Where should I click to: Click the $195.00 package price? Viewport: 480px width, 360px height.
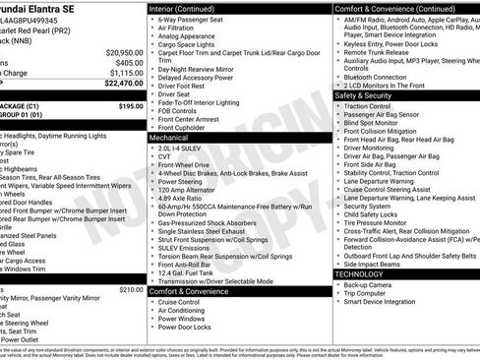(x=131, y=105)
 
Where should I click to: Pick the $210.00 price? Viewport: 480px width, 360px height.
(x=131, y=290)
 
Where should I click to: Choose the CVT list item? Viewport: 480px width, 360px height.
(x=163, y=157)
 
